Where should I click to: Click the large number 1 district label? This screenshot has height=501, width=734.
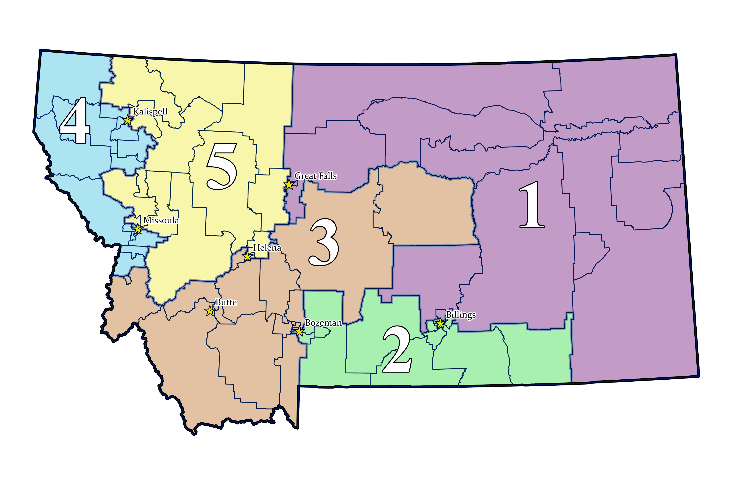tap(532, 205)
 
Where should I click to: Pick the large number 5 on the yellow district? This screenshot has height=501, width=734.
tap(222, 166)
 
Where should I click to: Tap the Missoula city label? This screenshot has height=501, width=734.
tap(161, 220)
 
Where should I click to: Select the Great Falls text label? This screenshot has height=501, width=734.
tap(316, 176)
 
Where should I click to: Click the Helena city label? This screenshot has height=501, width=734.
tap(267, 248)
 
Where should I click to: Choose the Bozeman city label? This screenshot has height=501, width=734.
tap(323, 323)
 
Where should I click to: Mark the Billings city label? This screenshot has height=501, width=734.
tap(460, 315)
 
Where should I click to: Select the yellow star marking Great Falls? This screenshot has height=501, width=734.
tap(289, 184)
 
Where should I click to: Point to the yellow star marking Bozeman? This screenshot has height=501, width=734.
tap(299, 332)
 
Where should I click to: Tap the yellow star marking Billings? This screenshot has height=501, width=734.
tap(440, 323)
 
